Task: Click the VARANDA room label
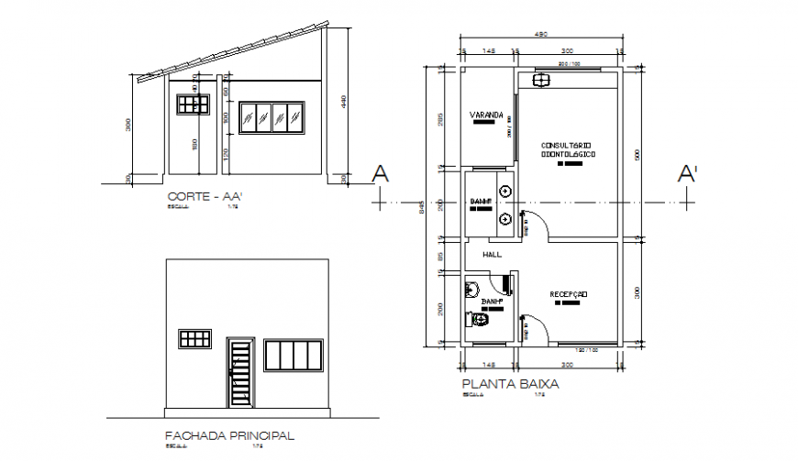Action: point(487,115)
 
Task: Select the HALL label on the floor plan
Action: point(492,255)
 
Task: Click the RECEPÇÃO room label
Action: point(568,294)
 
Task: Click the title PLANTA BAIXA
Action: point(510,385)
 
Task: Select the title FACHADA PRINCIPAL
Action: point(229,435)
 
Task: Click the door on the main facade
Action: point(239,373)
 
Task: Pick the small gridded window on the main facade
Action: point(195,339)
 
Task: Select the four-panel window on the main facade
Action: point(294,355)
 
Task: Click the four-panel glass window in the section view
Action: point(271,118)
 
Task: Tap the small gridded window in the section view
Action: point(193,104)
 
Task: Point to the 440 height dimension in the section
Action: point(343,104)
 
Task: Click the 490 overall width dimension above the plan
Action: point(541,34)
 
